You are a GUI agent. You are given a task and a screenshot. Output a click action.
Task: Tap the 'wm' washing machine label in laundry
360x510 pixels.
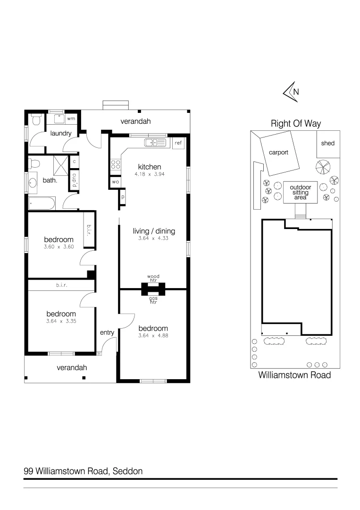coord(71,119)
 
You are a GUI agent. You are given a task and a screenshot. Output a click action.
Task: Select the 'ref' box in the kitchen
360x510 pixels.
coord(178,143)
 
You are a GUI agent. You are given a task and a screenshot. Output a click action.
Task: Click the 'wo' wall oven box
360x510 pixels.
coord(115,181)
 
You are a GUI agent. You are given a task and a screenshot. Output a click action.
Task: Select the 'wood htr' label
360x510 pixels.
coord(154,278)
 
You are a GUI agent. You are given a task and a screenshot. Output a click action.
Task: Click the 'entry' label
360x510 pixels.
coord(107,332)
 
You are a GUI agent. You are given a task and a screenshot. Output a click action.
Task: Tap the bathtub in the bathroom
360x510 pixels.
coord(42,204)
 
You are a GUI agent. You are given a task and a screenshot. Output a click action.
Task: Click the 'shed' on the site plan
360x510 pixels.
coord(327,143)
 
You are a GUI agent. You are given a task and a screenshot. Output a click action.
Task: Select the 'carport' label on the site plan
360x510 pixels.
coord(279,153)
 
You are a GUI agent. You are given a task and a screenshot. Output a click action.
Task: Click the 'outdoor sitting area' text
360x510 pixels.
coord(301,192)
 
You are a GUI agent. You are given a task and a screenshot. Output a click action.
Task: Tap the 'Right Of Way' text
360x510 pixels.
coord(295,124)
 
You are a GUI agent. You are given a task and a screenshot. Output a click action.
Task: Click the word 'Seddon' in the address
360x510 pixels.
coord(127,471)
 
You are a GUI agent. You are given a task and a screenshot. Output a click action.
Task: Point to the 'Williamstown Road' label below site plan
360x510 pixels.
coord(294,375)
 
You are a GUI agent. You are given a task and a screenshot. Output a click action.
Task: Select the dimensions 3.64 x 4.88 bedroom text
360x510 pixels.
coord(153,336)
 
